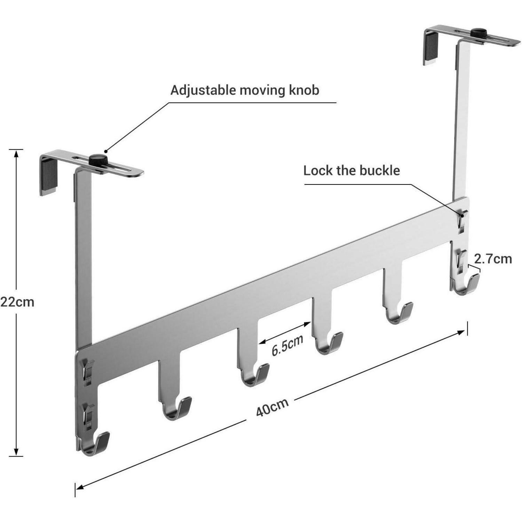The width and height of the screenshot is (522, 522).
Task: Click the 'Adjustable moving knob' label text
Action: (x=245, y=90)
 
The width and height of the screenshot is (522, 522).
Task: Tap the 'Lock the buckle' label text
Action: (x=351, y=171)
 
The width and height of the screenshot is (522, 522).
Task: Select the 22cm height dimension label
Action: (x=17, y=301)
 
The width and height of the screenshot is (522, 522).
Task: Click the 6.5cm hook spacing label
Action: (x=287, y=345)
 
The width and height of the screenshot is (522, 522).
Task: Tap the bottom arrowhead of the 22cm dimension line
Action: (x=16, y=452)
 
